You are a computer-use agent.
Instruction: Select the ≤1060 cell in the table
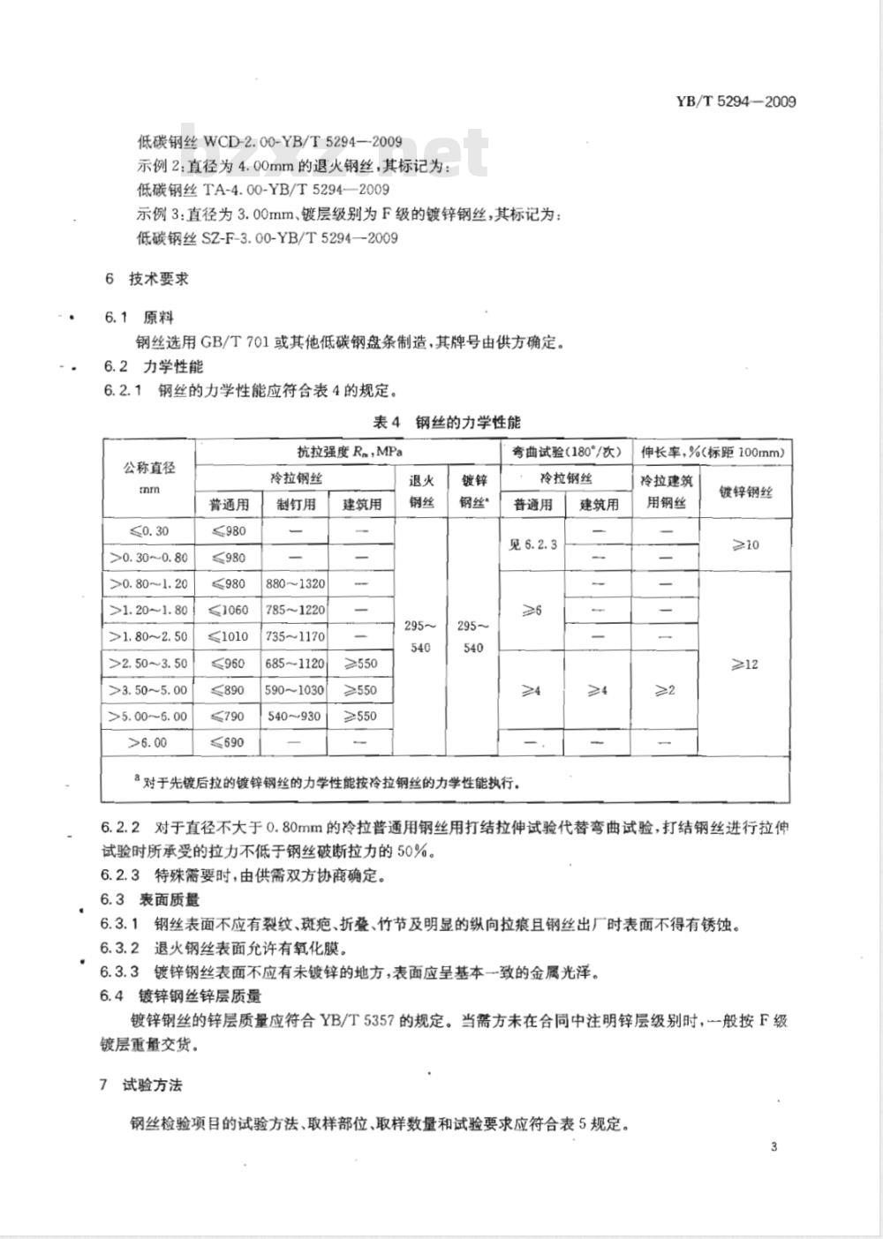pyautogui.click(x=228, y=610)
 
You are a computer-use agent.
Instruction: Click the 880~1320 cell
pyautogui.click(x=295, y=583)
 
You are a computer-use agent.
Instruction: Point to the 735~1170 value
pyautogui.click(x=295, y=636)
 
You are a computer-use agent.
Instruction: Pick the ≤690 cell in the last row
pyautogui.click(x=228, y=742)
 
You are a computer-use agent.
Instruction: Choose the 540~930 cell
pyautogui.click(x=295, y=716)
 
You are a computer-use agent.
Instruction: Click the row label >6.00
pyautogui.click(x=147, y=742)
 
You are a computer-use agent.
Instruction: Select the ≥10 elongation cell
pyautogui.click(x=745, y=544)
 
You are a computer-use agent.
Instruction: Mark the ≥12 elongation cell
pyautogui.click(x=745, y=664)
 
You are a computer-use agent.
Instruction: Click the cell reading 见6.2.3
pyautogui.click(x=532, y=544)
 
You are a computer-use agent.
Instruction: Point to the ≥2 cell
pyautogui.click(x=666, y=690)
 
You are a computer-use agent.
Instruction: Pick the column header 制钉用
pyautogui.click(x=295, y=505)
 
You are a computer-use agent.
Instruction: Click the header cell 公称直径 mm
pyautogui.click(x=149, y=477)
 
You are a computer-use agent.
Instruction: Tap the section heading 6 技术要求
pyautogui.click(x=147, y=279)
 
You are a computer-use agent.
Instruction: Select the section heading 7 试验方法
pyautogui.click(x=141, y=1085)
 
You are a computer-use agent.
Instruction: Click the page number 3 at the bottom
pyautogui.click(x=774, y=1147)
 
